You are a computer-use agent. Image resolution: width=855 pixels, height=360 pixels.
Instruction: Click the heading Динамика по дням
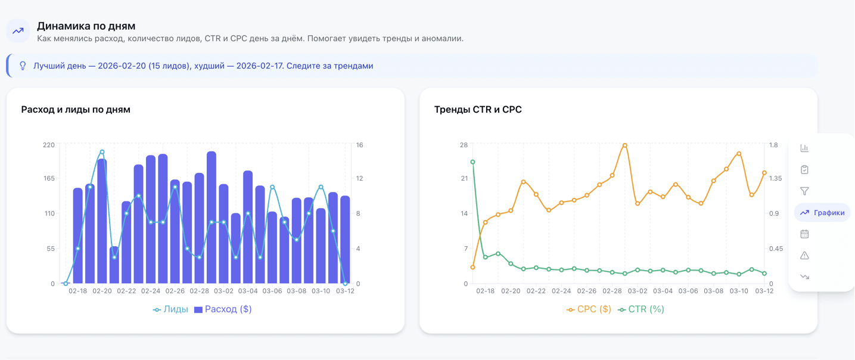[86, 26]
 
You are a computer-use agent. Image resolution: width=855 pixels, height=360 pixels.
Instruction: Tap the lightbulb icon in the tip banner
[23, 66]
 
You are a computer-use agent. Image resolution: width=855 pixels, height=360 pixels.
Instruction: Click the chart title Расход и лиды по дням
[76, 110]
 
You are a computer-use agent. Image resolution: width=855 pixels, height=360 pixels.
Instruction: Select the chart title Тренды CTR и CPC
[478, 110]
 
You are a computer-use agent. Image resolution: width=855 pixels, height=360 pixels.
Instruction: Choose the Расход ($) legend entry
[223, 309]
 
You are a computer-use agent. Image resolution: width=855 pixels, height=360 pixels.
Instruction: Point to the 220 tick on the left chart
[49, 145]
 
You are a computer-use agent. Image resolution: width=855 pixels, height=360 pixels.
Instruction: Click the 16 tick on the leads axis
[360, 145]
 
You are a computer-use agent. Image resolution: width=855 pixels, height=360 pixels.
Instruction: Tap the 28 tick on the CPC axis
[464, 145]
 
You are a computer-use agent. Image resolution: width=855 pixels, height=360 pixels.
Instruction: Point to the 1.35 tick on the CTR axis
[776, 178]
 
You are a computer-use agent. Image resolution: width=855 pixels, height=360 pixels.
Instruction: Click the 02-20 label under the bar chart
[102, 291]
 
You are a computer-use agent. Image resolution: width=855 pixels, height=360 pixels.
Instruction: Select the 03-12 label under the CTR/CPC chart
[764, 291]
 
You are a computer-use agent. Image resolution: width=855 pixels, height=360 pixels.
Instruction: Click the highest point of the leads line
[102, 152]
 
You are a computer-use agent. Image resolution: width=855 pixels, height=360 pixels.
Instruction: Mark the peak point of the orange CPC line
[625, 145]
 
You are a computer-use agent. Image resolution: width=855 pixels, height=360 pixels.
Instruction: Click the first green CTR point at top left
[473, 162]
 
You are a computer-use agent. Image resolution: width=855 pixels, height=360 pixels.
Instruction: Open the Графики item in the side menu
[822, 213]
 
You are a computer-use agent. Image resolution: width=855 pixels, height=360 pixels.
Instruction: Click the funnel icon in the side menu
[804, 191]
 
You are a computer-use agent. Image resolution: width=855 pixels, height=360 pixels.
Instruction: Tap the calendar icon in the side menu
[804, 234]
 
